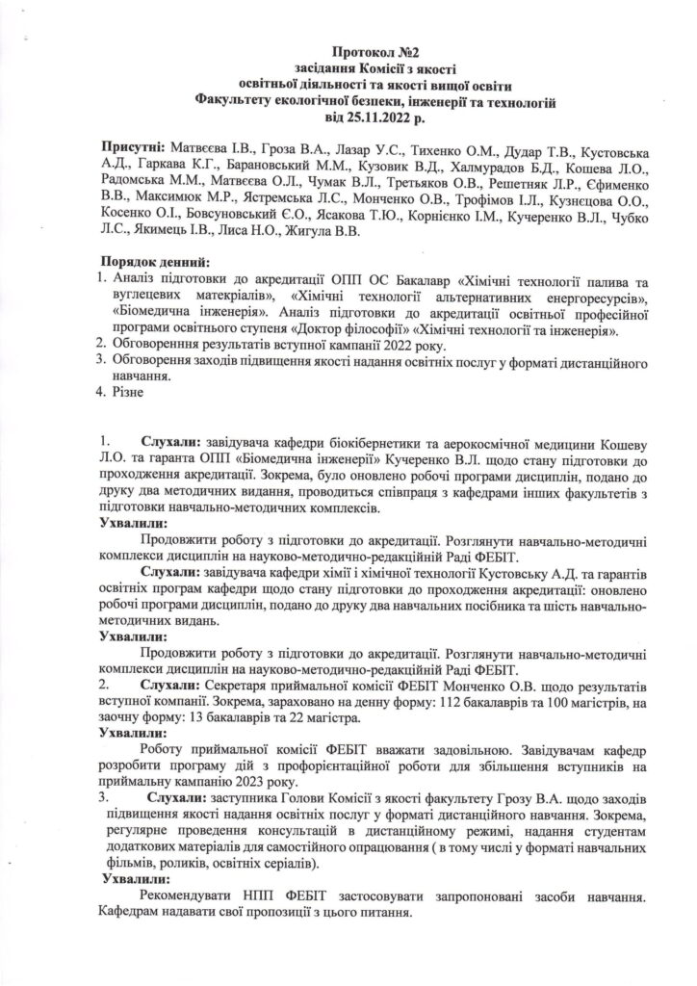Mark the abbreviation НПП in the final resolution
point(242,895)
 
